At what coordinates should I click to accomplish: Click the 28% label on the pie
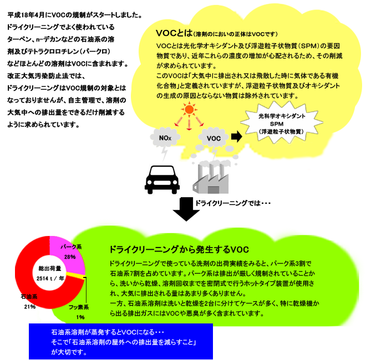tap(70, 257)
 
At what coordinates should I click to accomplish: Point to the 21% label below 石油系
tap(30, 306)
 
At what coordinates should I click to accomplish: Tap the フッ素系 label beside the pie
tap(79, 307)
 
